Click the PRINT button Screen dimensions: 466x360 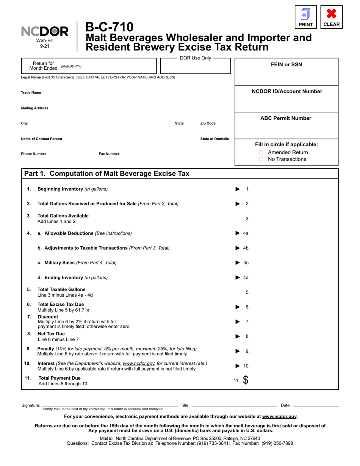coord(305,17)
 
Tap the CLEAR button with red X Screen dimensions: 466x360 coord(332,17)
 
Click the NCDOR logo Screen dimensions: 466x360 coord(45,32)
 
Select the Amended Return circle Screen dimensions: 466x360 coord(261,152)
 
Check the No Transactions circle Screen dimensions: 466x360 coord(261,159)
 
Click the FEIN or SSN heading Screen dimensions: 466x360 coord(286,64)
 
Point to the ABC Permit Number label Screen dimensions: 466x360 coord(286,118)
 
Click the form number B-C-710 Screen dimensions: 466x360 coord(109,27)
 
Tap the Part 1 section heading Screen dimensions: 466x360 coord(106,174)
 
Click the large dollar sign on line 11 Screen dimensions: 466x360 coord(246,380)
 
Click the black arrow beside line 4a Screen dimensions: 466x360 coord(238,233)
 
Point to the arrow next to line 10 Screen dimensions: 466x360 coord(238,366)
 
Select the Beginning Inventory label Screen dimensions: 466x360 coord(60,189)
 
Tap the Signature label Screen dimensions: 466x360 coord(31,405)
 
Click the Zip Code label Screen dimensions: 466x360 coord(208,124)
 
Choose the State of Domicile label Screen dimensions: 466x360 coord(214,139)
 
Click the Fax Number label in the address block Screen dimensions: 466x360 coord(109,154)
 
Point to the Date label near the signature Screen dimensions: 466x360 coord(285,405)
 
